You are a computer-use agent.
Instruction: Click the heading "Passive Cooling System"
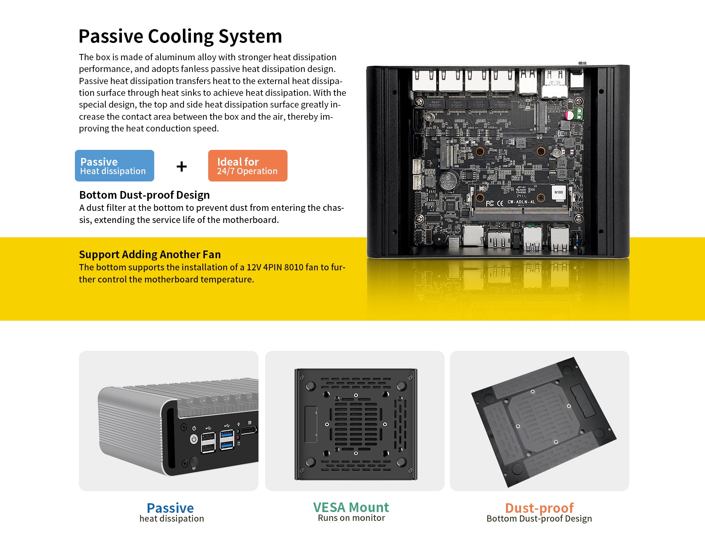pyautogui.click(x=180, y=36)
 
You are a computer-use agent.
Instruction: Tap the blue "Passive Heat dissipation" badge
pyautogui.click(x=115, y=166)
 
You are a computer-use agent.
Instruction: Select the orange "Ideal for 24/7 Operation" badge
pyautogui.click(x=247, y=166)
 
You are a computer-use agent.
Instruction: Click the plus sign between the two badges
pyautogui.click(x=181, y=167)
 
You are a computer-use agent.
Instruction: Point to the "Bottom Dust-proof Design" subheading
pyautogui.click(x=144, y=195)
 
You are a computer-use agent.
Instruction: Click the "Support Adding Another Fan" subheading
pyautogui.click(x=150, y=255)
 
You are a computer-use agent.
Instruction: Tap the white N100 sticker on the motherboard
pyautogui.click(x=558, y=192)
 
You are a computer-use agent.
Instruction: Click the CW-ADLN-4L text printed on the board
pyautogui.click(x=521, y=202)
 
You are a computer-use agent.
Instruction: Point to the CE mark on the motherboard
pyautogui.click(x=500, y=203)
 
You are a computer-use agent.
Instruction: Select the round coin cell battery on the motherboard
pyautogui.click(x=449, y=181)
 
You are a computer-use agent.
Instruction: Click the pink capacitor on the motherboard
pyautogui.click(x=569, y=115)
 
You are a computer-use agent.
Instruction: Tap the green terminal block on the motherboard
pyautogui.click(x=579, y=113)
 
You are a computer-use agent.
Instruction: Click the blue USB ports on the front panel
pyautogui.click(x=227, y=440)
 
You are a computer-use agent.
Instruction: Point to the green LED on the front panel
pyautogui.click(x=238, y=432)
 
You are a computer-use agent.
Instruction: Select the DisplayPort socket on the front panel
pyautogui.click(x=249, y=430)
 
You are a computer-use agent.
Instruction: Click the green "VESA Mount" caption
pyautogui.click(x=351, y=507)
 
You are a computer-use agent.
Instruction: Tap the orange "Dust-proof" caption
pyautogui.click(x=539, y=508)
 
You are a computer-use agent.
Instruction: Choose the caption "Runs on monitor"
pyautogui.click(x=351, y=518)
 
